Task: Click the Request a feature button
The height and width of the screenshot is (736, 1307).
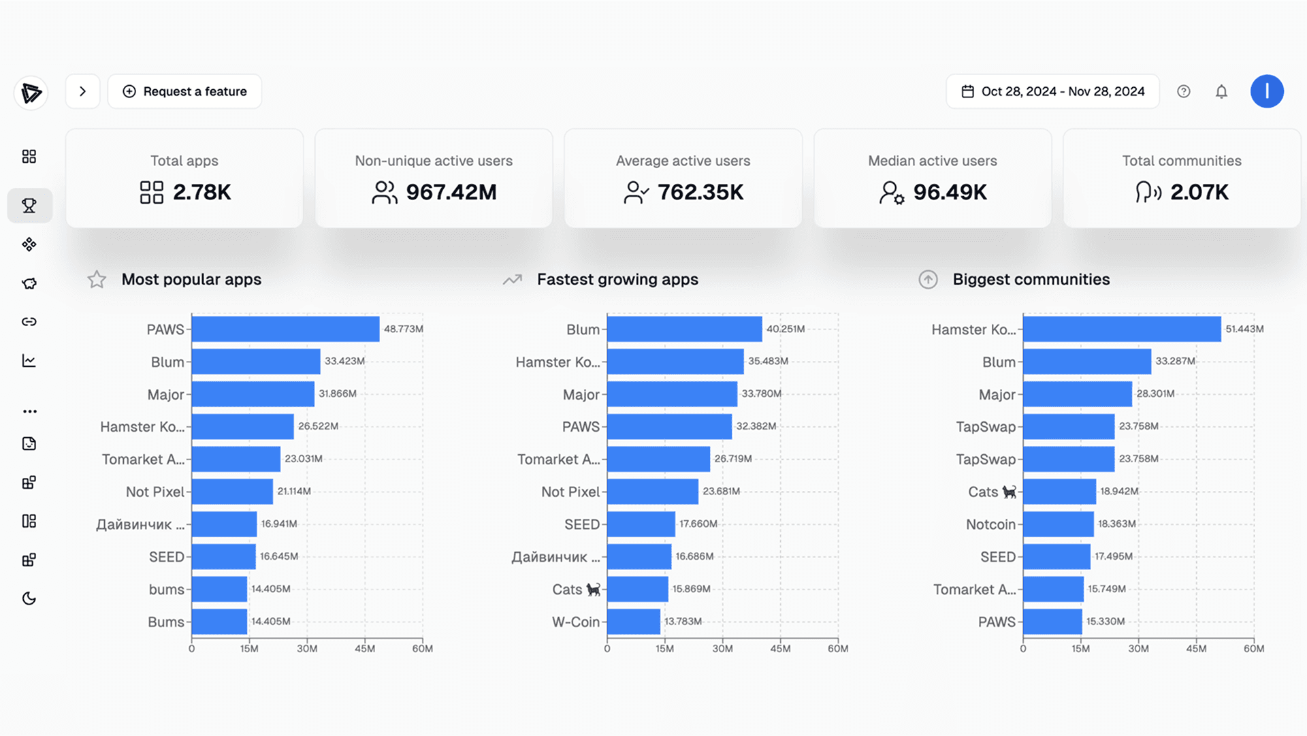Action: point(184,91)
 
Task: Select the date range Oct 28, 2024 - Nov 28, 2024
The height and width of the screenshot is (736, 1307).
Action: point(1052,91)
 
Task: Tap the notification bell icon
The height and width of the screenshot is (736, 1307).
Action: point(1221,91)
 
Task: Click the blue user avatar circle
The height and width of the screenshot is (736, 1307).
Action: point(1267,91)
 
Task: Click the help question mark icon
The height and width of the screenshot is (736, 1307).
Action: point(1184,91)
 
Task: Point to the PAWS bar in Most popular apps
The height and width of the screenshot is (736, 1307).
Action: point(285,329)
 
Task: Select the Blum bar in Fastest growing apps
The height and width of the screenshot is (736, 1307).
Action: point(685,329)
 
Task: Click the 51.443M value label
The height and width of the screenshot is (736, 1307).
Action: point(1244,329)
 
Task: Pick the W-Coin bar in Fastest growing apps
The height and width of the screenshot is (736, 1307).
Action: point(634,622)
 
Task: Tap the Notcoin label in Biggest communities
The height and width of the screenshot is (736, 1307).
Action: point(990,524)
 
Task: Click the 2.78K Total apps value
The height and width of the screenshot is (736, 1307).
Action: point(202,192)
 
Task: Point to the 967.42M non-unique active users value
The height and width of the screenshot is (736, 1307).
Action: point(451,192)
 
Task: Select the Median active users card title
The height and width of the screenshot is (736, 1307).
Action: point(933,161)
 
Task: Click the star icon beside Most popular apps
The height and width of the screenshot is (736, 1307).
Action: point(97,279)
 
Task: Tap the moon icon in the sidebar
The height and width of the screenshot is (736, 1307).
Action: point(29,598)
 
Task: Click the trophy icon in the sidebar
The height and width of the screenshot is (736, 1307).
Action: point(29,206)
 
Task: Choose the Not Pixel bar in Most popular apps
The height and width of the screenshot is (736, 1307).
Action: point(232,492)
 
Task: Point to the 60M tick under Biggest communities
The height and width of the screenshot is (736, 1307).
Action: point(1254,649)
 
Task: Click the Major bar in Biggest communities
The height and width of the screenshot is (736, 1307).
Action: point(1078,394)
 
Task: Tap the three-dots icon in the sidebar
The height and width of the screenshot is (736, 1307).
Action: point(29,411)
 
